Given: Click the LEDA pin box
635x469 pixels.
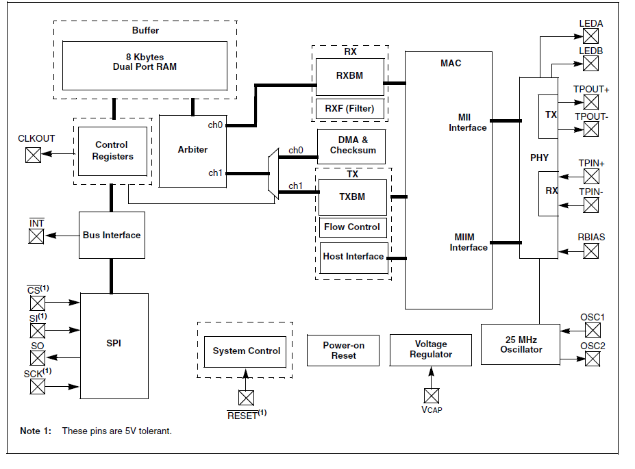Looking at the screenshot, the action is tap(590, 36).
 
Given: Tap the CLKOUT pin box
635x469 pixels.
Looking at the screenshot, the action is tap(33, 155).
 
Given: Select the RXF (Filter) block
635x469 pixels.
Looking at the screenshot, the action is tap(350, 109).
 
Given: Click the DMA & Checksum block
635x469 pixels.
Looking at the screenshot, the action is tap(351, 147).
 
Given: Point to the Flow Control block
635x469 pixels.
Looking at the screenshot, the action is tap(353, 227).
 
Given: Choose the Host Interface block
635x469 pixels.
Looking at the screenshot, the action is tap(354, 258).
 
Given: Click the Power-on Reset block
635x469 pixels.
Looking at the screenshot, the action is tap(343, 351).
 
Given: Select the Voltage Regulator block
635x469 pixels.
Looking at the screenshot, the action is tap(430, 350).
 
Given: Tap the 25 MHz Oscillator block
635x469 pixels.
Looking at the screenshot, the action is tap(521, 344).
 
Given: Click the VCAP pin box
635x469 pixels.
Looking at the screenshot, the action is tap(432, 396).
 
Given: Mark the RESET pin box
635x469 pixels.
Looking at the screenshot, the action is tap(246, 398).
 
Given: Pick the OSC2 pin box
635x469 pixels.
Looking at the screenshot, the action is tap(593, 359).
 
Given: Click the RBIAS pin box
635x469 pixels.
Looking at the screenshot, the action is tap(591, 251).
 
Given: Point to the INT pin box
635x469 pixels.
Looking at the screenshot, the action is tap(36, 236).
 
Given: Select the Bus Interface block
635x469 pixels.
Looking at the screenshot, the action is tap(112, 235).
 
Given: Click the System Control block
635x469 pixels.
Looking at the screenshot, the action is tap(245, 352).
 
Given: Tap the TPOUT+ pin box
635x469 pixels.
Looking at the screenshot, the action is tap(591, 102).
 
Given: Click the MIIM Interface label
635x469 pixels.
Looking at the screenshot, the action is tap(468, 242).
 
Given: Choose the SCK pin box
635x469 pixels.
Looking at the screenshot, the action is tap(38, 386).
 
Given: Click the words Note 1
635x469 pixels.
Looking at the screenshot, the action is tap(36, 431).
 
